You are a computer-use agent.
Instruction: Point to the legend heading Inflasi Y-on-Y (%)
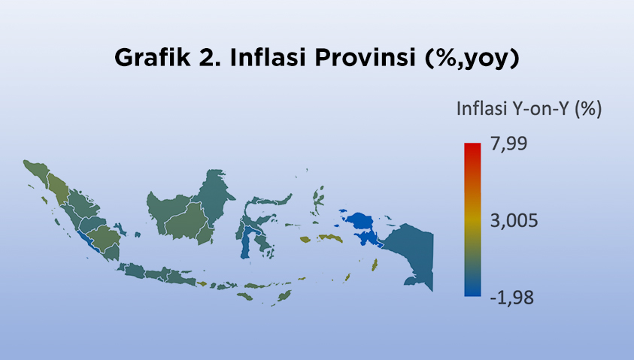(x=529, y=109)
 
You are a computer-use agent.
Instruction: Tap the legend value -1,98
(x=511, y=298)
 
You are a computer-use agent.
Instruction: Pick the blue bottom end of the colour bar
(x=472, y=292)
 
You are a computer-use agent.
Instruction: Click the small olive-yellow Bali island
(x=202, y=284)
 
